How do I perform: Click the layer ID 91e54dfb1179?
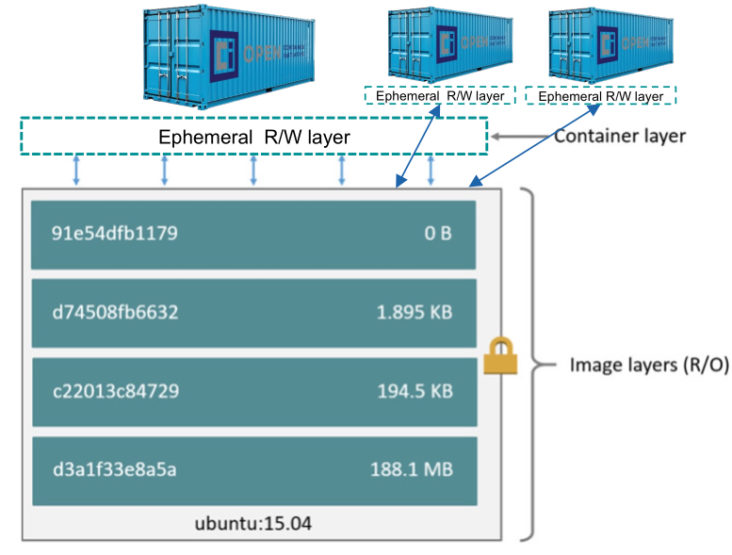(x=116, y=233)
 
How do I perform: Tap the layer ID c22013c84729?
(x=116, y=390)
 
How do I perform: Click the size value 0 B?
(x=437, y=233)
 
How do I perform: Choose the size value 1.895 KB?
(x=414, y=311)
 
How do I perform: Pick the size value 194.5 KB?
(x=414, y=390)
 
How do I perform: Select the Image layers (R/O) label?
(x=649, y=365)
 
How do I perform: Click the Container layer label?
(x=619, y=136)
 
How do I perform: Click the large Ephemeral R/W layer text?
(x=254, y=138)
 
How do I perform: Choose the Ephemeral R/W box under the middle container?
(x=439, y=96)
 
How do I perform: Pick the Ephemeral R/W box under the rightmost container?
(x=601, y=96)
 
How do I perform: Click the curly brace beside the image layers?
(x=534, y=365)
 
